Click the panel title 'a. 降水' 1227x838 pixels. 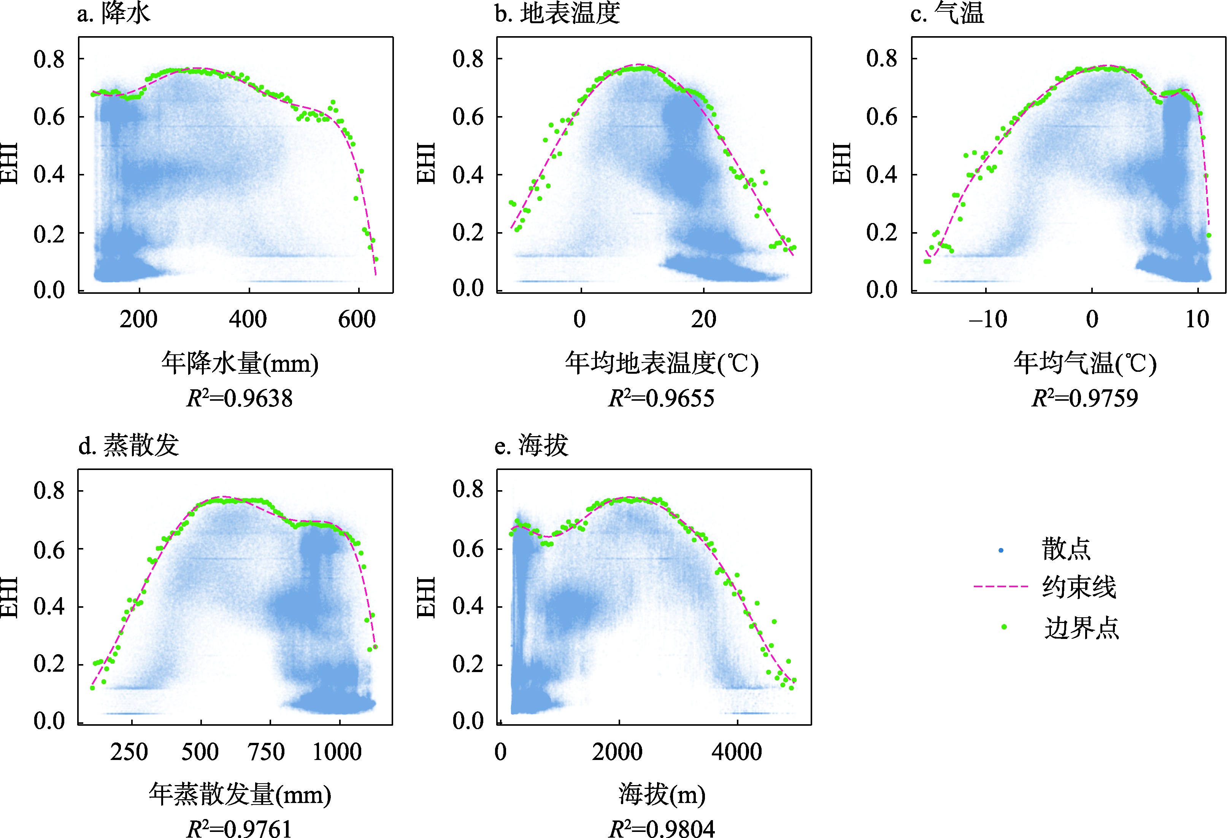(114, 14)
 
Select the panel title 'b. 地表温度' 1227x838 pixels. (557, 14)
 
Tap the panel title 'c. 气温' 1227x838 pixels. (947, 14)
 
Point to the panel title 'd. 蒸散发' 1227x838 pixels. (128, 445)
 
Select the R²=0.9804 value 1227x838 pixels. (662, 828)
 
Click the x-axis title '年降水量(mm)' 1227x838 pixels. (240, 363)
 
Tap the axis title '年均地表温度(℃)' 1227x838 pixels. (662, 363)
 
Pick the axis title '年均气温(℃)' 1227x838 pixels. (1084, 363)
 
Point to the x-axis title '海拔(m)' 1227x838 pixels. (662, 794)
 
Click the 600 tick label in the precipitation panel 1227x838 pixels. (357, 320)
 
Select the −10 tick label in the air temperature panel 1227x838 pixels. (987, 320)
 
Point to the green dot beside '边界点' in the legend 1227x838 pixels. (1004, 627)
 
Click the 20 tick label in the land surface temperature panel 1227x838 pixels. (703, 320)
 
